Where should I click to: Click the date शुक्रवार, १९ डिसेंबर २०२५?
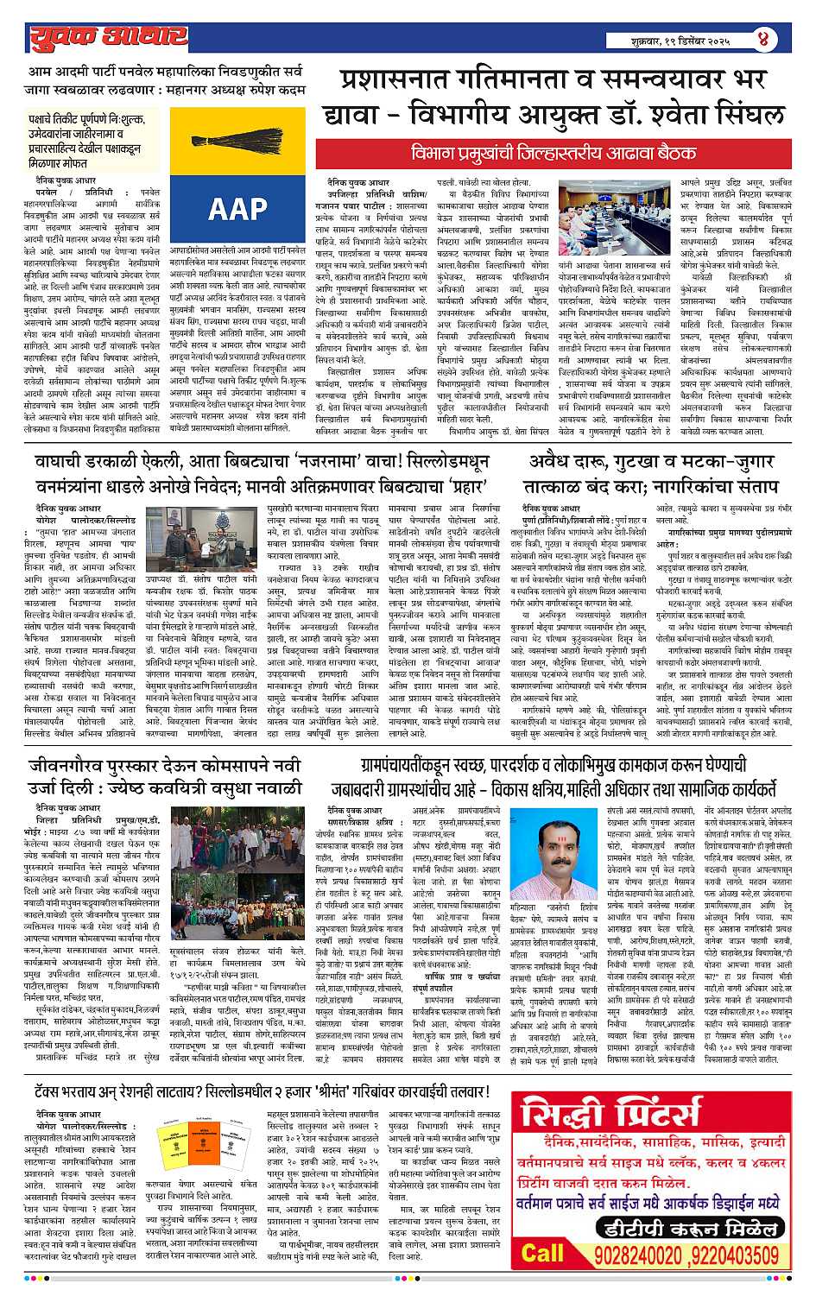681,41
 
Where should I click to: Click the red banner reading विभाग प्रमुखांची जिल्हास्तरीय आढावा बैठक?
553,153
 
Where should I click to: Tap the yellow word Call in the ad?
542,1253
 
